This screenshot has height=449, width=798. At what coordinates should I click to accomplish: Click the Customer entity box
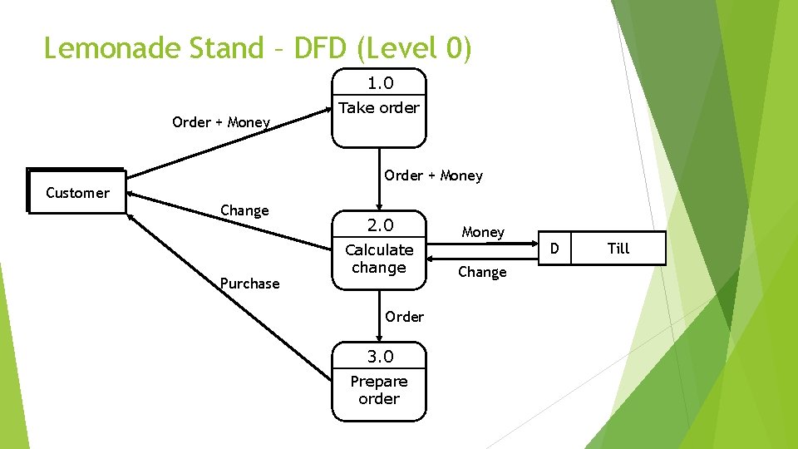click(x=76, y=192)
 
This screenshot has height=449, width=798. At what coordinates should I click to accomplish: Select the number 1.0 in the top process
click(x=380, y=83)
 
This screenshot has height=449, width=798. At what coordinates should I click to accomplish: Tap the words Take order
click(x=379, y=107)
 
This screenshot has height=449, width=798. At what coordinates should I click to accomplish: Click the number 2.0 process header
click(x=380, y=225)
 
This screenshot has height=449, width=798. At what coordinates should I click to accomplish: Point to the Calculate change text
click(x=379, y=259)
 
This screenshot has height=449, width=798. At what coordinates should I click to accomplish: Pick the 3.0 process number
click(x=380, y=357)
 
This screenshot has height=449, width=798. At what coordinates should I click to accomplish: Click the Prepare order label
click(x=379, y=390)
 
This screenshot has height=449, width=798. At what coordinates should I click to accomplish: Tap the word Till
click(x=618, y=249)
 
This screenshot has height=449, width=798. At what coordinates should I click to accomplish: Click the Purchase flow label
click(x=249, y=284)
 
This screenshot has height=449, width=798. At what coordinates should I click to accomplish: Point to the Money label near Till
click(x=483, y=233)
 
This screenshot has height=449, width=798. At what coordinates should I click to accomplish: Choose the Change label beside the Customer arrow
click(x=244, y=210)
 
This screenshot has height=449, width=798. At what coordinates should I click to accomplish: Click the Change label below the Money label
click(x=482, y=272)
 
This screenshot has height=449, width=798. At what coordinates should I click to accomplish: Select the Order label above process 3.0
click(x=405, y=317)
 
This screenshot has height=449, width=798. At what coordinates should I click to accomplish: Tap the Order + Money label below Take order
click(x=433, y=175)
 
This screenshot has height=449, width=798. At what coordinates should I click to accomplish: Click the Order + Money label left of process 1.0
click(x=221, y=122)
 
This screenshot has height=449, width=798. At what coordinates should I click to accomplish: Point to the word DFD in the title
click(x=318, y=48)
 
